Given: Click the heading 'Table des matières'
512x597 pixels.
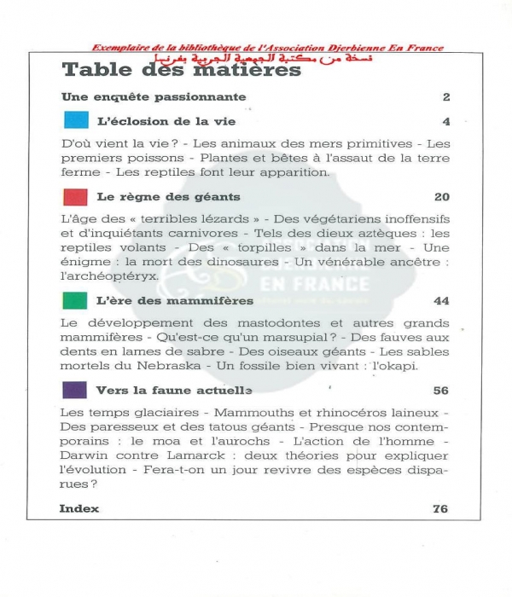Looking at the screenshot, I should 182,70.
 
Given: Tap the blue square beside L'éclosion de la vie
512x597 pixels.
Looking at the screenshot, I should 76,120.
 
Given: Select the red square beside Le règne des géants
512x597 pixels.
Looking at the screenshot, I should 76,197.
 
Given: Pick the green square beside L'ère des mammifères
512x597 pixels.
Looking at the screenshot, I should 76,300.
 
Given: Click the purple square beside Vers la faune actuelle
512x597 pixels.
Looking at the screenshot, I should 76,391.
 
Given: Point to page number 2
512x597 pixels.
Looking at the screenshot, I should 445,97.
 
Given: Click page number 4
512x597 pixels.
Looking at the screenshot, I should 445,121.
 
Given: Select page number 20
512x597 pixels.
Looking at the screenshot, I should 441,197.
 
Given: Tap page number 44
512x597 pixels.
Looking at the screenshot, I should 441,301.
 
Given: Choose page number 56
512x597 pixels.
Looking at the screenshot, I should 441,391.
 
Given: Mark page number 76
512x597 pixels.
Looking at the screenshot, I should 441,508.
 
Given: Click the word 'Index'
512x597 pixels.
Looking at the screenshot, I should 79,508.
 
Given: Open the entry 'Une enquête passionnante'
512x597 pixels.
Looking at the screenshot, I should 154,97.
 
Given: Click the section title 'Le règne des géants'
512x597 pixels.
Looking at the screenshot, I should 155,197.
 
